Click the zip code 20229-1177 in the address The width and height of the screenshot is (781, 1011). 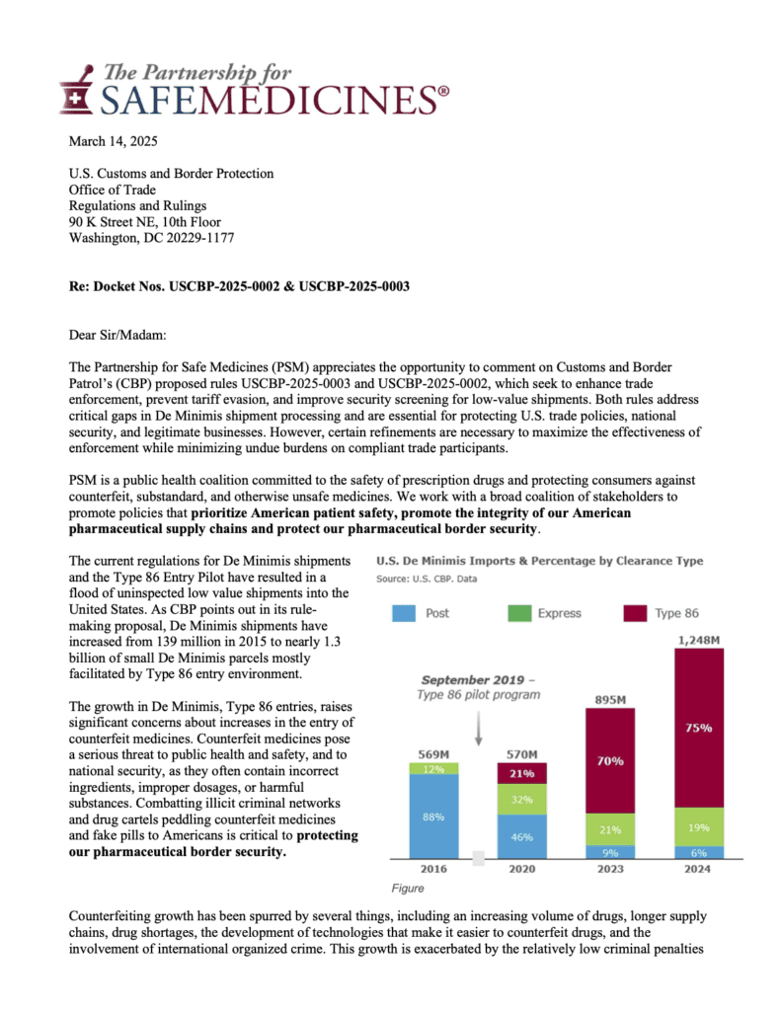click(x=200, y=237)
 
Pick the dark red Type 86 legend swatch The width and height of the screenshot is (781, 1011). click(x=635, y=614)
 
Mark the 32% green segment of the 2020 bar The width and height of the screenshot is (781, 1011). click(x=519, y=800)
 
